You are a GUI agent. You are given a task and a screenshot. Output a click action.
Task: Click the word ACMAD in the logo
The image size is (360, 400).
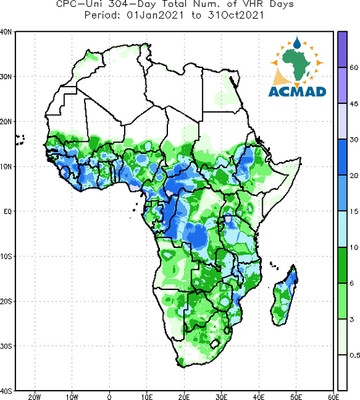297,92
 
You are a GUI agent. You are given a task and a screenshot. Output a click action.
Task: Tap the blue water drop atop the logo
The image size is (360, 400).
297,43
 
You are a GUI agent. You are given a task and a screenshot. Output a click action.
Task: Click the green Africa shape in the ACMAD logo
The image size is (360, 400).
297,64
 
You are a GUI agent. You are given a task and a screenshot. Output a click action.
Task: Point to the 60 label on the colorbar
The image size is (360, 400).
353,67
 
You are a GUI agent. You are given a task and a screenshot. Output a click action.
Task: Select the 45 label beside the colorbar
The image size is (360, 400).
353,104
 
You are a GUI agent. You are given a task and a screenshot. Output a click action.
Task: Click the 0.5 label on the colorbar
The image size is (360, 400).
355,355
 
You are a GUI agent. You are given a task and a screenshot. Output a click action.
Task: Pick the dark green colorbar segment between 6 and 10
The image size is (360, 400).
343,265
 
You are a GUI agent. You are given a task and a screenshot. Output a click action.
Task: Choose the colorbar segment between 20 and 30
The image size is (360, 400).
343,157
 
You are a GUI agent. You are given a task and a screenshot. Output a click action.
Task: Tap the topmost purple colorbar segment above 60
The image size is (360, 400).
343,49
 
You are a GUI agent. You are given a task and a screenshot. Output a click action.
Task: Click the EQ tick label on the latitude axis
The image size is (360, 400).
7,211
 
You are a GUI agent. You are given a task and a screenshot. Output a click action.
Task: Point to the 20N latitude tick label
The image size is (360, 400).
6,122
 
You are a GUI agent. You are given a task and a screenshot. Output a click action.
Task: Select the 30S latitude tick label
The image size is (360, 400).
6,346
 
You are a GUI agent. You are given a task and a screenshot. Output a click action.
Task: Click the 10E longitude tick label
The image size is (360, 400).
147,397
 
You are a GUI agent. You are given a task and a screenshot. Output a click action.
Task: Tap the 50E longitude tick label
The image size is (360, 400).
296,397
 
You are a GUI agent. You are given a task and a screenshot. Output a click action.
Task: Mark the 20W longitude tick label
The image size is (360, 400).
35,397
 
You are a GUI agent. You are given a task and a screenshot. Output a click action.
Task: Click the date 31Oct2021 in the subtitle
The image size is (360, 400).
235,15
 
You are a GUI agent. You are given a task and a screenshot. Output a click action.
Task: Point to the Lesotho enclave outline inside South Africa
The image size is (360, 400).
215,343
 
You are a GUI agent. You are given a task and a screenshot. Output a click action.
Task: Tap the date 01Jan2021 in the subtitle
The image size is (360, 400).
155,15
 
